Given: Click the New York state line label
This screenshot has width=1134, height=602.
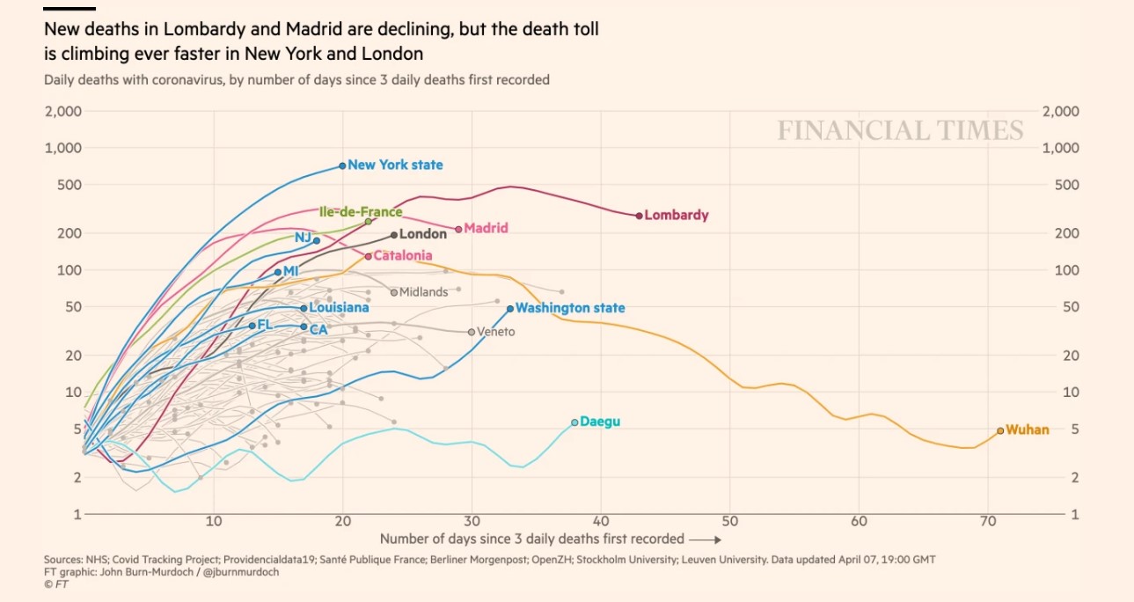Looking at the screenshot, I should pyautogui.click(x=395, y=165).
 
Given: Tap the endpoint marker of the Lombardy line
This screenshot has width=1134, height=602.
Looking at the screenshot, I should pyautogui.click(x=639, y=215).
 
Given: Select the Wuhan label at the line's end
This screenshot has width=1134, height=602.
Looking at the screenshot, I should pyautogui.click(x=1027, y=430).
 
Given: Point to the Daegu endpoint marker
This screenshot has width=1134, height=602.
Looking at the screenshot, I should pyautogui.click(x=574, y=422).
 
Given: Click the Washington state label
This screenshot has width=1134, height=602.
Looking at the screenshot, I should pyautogui.click(x=570, y=308).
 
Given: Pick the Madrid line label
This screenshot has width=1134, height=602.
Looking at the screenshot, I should pyautogui.click(x=486, y=228).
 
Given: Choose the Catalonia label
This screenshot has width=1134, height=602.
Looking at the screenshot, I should pyautogui.click(x=402, y=256).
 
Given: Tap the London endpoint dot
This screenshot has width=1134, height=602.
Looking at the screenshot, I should pyautogui.click(x=394, y=235).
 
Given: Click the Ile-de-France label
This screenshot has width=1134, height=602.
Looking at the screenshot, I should pyautogui.click(x=360, y=212).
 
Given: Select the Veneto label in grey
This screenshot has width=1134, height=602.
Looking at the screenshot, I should pyautogui.click(x=495, y=332).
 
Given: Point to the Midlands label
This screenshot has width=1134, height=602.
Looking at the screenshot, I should pyautogui.click(x=423, y=292).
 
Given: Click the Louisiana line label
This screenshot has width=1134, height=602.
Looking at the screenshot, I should pyautogui.click(x=339, y=308).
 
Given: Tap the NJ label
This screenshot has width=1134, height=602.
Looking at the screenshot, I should pyautogui.click(x=303, y=238).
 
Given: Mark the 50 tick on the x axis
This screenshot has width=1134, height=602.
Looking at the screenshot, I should pyautogui.click(x=729, y=521).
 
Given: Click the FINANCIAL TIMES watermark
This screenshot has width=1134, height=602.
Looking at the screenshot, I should pyautogui.click(x=900, y=131).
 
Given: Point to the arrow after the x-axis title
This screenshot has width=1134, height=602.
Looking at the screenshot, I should pyautogui.click(x=706, y=539).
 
